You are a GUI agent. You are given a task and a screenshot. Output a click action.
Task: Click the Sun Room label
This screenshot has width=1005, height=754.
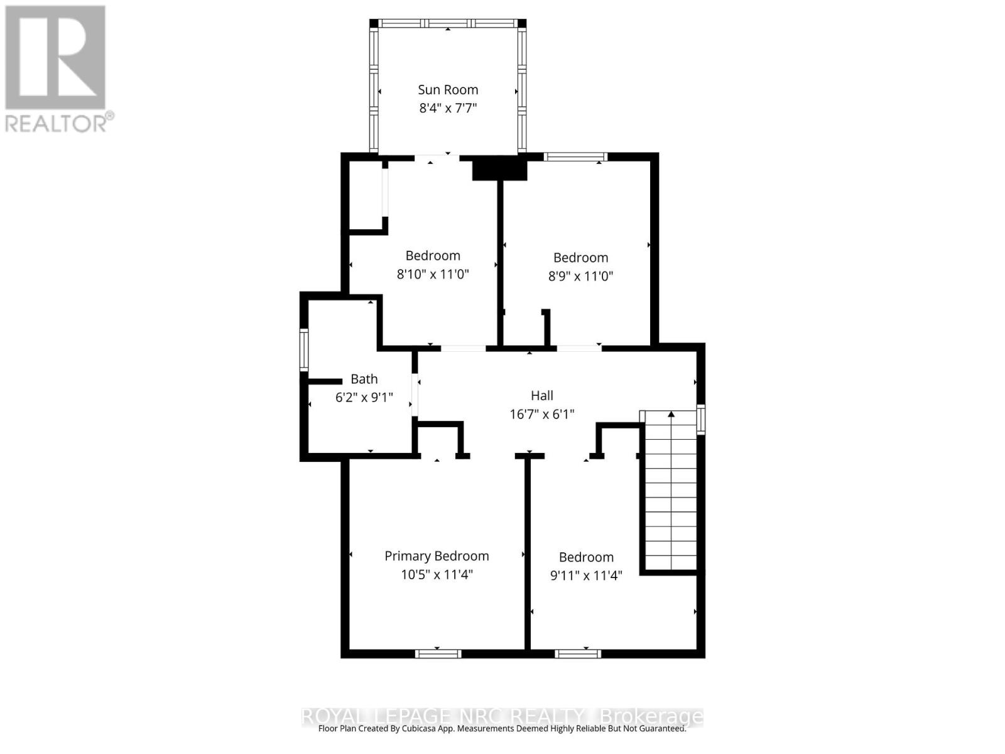tap(448, 90)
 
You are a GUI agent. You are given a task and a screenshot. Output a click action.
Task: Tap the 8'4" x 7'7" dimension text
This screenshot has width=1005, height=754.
tap(448, 108)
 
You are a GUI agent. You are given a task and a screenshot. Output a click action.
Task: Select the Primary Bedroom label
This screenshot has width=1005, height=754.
tap(437, 556)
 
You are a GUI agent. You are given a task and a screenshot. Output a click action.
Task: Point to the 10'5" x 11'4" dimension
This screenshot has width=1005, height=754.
tap(437, 574)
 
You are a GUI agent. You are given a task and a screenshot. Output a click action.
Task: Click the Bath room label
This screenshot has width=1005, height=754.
tap(364, 379)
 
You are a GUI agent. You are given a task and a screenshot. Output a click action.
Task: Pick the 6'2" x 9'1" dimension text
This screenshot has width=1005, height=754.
tap(364, 397)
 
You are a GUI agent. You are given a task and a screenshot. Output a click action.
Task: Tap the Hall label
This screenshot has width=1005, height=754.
tap(542, 395)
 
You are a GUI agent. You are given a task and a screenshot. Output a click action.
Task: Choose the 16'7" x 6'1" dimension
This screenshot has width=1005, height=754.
tap(542, 414)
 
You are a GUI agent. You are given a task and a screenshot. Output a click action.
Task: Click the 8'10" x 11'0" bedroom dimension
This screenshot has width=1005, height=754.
tap(433, 274)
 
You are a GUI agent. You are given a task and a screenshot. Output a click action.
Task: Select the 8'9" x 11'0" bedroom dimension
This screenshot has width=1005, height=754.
tap(580, 276)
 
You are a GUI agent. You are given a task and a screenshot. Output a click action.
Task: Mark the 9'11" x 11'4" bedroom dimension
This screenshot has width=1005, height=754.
tap(586, 576)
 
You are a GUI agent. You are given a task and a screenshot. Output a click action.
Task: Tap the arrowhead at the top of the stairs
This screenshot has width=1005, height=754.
tap(671, 414)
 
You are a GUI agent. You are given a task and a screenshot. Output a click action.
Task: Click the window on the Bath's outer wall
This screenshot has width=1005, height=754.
tap(304, 350)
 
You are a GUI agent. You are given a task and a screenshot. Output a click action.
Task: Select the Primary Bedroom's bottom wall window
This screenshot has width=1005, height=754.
tap(438, 654)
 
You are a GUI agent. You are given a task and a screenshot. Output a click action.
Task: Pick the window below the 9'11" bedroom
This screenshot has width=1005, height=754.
tap(578, 654)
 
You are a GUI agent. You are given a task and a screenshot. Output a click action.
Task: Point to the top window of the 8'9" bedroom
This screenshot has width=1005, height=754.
tap(575, 156)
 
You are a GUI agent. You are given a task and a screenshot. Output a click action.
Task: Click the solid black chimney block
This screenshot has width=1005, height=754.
tap(499, 169)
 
